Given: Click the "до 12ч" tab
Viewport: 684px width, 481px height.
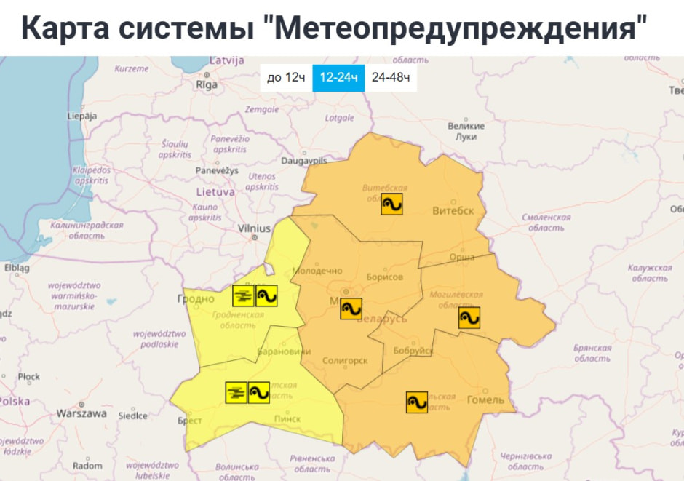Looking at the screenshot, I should pyautogui.click(x=286, y=78).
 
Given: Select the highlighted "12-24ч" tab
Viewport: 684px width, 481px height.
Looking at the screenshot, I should pyautogui.click(x=338, y=78).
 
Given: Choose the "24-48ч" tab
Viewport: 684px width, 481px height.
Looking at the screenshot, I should pyautogui.click(x=390, y=78).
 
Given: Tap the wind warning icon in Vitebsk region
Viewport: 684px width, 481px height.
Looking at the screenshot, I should pyautogui.click(x=391, y=204).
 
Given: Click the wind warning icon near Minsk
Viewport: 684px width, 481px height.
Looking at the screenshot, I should pyautogui.click(x=351, y=309).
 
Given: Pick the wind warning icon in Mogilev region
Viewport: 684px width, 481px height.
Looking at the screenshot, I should pyautogui.click(x=469, y=317).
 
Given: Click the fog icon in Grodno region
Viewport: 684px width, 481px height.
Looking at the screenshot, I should pyautogui.click(x=243, y=295).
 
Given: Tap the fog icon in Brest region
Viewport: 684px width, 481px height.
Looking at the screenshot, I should pyautogui.click(x=236, y=392).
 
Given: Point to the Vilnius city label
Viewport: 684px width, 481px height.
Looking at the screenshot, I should pyautogui.click(x=254, y=228).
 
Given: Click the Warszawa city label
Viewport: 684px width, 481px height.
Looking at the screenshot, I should pyautogui.click(x=81, y=413).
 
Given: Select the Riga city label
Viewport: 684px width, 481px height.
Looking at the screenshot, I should pyautogui.click(x=207, y=84).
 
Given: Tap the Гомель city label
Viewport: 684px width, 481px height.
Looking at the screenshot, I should pyautogui.click(x=485, y=400).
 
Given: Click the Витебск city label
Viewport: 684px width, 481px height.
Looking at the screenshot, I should pyautogui.click(x=453, y=211).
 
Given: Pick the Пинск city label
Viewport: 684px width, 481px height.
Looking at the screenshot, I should pyautogui.click(x=287, y=418).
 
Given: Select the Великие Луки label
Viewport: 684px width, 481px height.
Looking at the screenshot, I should pyautogui.click(x=466, y=131).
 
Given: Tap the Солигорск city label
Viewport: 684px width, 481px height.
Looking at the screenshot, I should pyautogui.click(x=346, y=360).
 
